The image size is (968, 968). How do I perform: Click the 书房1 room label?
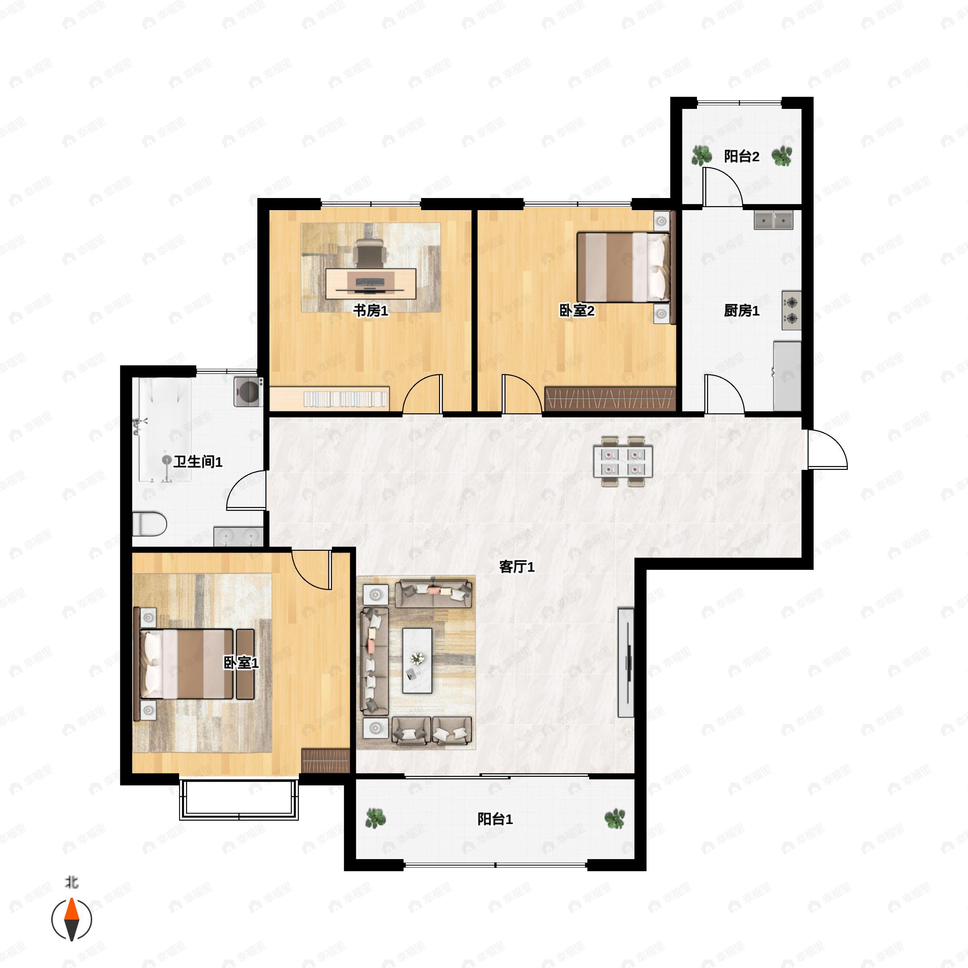coord(370,311)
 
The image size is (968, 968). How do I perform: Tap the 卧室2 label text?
coord(577,311)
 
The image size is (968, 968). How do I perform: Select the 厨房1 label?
coord(742,311)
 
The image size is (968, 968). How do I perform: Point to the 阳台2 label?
coord(742,156)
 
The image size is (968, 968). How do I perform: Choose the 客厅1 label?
coord(517,567)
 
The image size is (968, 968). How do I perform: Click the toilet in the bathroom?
coord(149,524)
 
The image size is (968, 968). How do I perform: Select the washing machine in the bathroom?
coord(248,391)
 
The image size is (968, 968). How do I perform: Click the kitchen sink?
coord(774,220)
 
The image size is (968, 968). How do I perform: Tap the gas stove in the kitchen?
coord(791,310)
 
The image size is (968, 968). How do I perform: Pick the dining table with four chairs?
coord(623,461)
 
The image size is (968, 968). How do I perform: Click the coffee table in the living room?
coord(417,660)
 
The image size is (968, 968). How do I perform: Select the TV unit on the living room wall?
coord(626,662)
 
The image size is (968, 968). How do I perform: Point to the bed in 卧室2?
coord(623,267)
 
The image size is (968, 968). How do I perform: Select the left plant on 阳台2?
coord(701,156)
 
